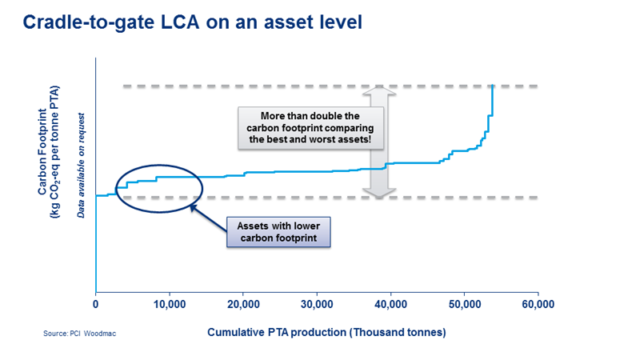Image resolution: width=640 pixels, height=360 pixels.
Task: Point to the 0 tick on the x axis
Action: [96, 305]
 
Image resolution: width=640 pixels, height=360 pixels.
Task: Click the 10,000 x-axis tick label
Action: [169, 305]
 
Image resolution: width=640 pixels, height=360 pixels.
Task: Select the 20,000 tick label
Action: [242, 305]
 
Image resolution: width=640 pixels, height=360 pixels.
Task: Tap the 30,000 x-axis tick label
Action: [316, 305]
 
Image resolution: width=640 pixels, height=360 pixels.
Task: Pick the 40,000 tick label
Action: [390, 305]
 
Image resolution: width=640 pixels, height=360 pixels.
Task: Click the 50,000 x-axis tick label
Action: [463, 305]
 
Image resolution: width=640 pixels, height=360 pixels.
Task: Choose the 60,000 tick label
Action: [537, 305]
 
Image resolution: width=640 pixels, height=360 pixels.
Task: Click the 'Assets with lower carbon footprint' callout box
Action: [278, 231]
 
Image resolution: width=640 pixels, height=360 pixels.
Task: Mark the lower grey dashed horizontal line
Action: [320, 197]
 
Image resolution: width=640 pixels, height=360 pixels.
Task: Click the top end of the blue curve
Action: [493, 86]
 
